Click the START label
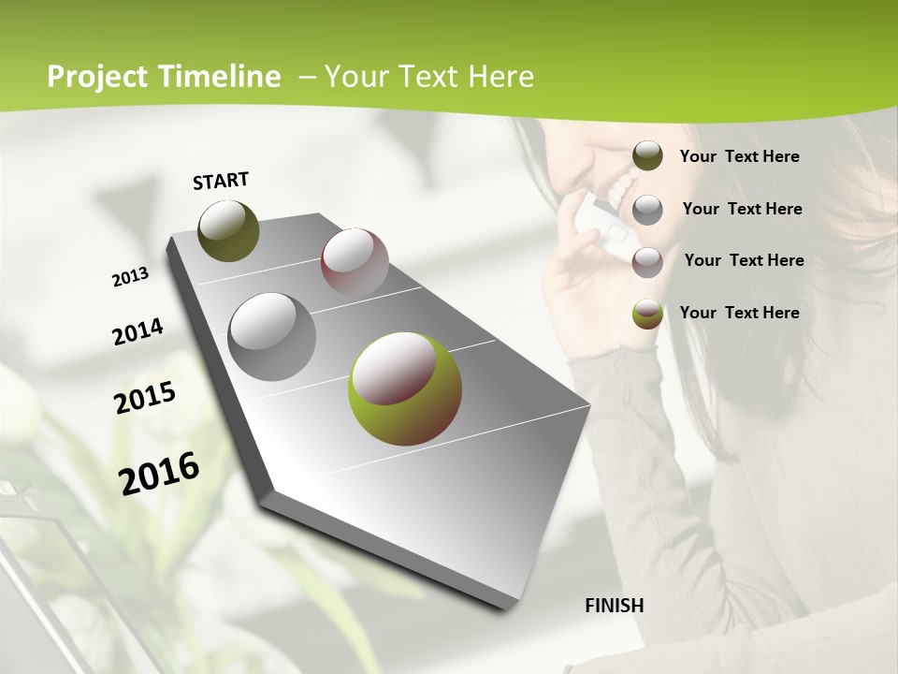[221, 181]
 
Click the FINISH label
[614, 606]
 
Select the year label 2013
[130, 276]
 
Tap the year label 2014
[138, 331]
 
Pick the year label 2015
[145, 397]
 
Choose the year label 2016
[159, 472]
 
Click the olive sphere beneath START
[228, 230]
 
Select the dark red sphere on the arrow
[355, 261]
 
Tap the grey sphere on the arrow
[271, 336]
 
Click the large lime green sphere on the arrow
[405, 388]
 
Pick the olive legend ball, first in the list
[647, 156]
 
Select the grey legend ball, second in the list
[647, 210]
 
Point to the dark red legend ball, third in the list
[647, 261]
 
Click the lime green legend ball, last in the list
[647, 314]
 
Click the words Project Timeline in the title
[164, 77]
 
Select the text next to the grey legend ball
[742, 209]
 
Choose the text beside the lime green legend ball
[739, 313]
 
